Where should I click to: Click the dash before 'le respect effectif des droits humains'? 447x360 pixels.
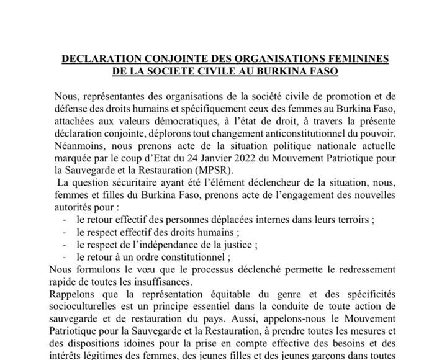click(x=65, y=232)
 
